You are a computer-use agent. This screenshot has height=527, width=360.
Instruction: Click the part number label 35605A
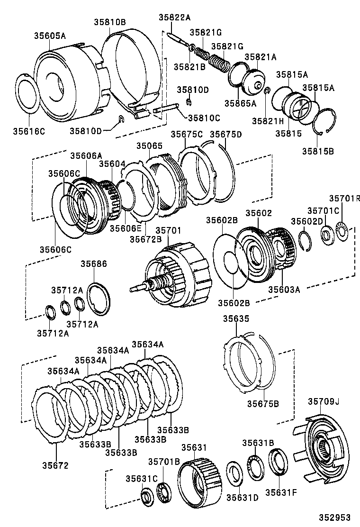point(50,36)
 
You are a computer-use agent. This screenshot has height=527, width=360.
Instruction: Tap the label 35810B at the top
point(109,22)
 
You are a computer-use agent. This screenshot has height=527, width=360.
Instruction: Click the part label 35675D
point(225,134)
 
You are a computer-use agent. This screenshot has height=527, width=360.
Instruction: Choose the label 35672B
point(146,239)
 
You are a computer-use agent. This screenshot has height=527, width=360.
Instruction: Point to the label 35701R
point(345,199)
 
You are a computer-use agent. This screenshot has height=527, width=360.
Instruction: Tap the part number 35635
point(236,319)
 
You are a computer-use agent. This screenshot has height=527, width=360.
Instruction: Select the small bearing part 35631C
point(146,495)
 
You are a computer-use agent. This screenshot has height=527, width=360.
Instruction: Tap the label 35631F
point(280,491)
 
